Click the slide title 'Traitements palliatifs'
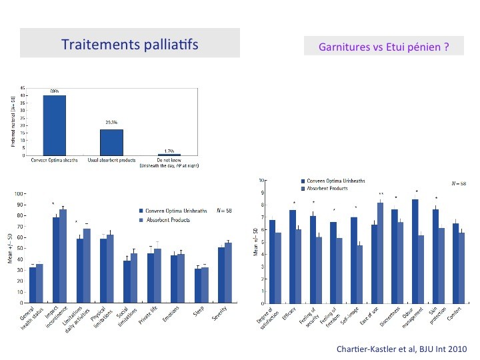tap(129, 45)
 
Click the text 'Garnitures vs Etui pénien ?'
tap(383, 48)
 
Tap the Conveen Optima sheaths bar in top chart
tap(54, 125)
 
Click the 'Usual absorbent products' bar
tap(111, 142)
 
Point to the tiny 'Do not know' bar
tap(169, 155)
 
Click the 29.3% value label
tap(111, 123)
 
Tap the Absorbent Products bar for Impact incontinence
tap(63, 255)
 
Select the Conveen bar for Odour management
tap(415, 251)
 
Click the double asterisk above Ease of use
tap(381, 194)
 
